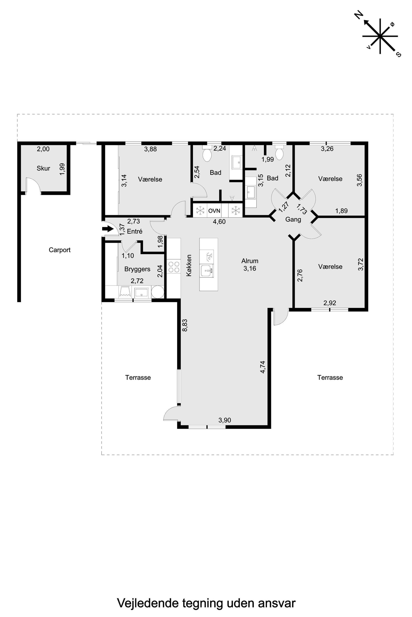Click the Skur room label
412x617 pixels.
pyautogui.click(x=43, y=168)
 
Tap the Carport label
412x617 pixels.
pyautogui.click(x=60, y=250)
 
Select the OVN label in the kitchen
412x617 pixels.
pyautogui.click(x=214, y=211)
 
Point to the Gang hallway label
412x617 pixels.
pyautogui.click(x=293, y=219)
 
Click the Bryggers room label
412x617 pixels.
pyautogui.click(x=137, y=269)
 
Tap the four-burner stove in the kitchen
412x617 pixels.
pyautogui.click(x=174, y=266)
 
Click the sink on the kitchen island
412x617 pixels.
pyautogui.click(x=207, y=271)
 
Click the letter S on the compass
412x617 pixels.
pyautogui.click(x=398, y=54)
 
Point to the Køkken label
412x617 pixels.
pyautogui.click(x=189, y=265)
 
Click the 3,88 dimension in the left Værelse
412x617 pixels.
pyautogui.click(x=151, y=149)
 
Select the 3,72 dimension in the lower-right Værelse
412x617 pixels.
pyautogui.click(x=360, y=264)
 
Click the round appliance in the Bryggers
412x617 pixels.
pyautogui.click(x=158, y=292)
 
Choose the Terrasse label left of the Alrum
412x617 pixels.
pyautogui.click(x=138, y=378)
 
